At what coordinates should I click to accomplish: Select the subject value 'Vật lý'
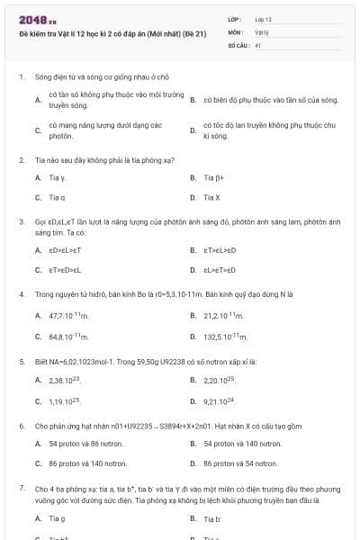262,31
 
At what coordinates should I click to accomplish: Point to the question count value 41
258,44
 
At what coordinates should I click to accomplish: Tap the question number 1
22,77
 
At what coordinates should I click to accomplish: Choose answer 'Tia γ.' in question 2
58,178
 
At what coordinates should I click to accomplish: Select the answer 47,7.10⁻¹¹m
68,316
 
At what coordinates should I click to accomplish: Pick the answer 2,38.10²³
65,382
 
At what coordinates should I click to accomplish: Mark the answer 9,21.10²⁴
220,401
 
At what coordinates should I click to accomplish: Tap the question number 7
22,487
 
